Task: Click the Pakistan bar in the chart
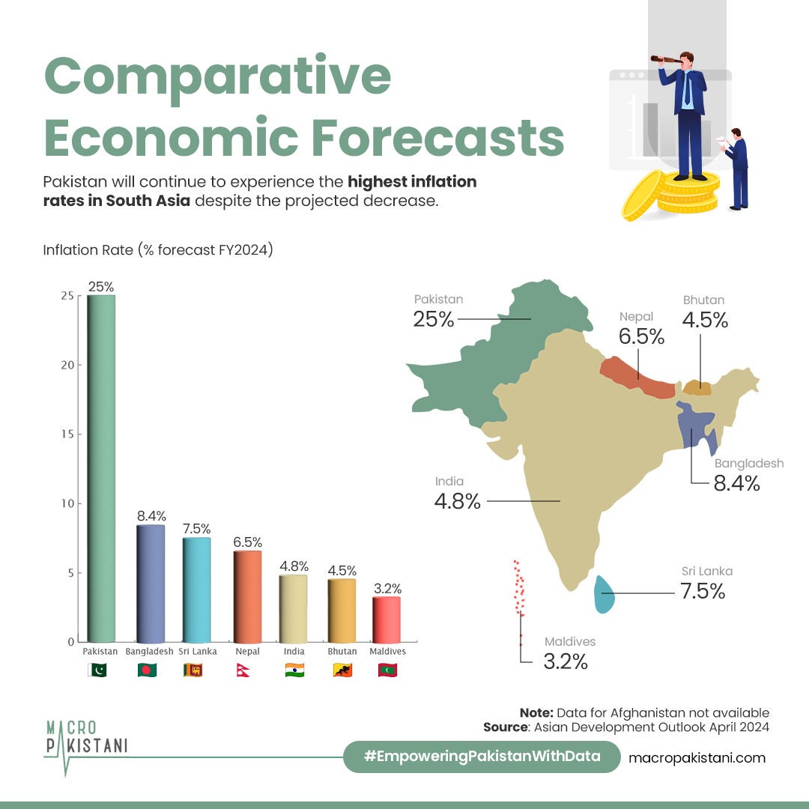[101, 468]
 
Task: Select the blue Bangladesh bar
[151, 584]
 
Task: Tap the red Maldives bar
[387, 619]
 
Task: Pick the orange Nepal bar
[248, 596]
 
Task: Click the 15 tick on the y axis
[67, 434]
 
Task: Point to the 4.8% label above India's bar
[294, 566]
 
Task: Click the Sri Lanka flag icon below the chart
[193, 670]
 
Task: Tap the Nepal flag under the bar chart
[243, 670]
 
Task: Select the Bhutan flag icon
[342, 670]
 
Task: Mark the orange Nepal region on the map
[637, 377]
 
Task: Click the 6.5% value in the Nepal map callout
[641, 336]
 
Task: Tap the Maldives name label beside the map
[570, 641]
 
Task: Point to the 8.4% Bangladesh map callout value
[737, 483]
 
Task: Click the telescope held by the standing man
[666, 59]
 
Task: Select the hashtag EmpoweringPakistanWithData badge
[482, 757]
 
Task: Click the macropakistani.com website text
[697, 758]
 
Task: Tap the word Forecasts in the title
[437, 137]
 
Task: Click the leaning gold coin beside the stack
[643, 195]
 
